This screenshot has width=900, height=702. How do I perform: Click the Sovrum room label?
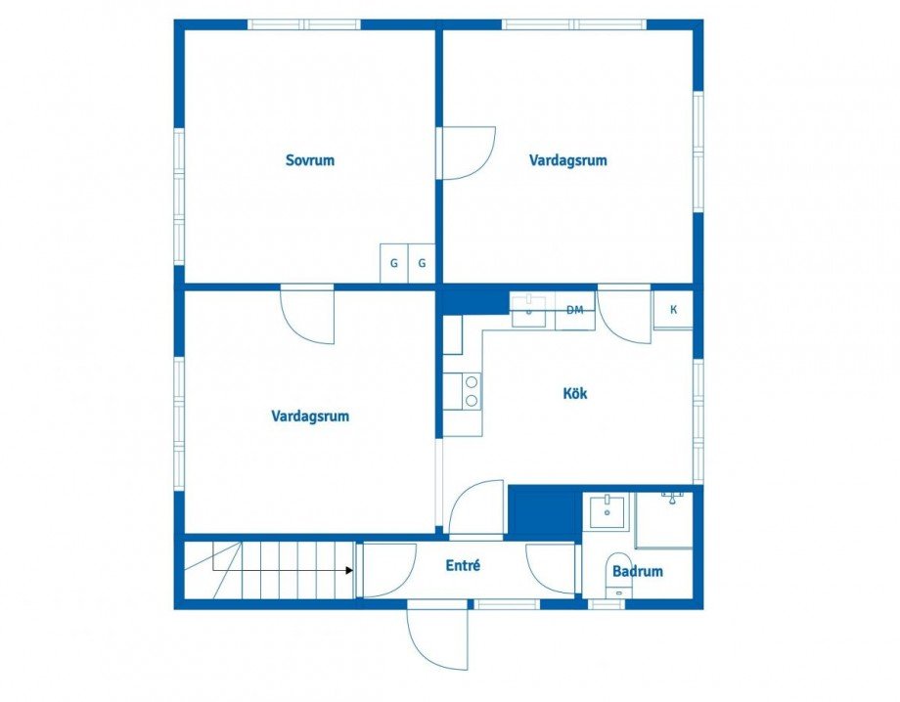309,159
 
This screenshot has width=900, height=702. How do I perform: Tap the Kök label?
575,393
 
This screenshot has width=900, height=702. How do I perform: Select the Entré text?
463,565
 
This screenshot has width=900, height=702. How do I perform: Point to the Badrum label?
637,571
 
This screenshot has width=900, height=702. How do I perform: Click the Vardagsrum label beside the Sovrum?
568,159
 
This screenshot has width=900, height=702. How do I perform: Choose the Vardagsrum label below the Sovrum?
310,416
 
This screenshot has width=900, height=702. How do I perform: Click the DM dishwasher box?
575,311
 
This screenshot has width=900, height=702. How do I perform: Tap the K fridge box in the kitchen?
673,310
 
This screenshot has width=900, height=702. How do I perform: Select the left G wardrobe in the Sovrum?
393,263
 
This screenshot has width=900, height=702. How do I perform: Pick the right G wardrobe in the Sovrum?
422,263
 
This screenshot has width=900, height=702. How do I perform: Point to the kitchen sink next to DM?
529,309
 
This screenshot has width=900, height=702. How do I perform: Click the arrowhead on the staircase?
349,569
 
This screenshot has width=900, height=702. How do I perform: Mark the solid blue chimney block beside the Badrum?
544,511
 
